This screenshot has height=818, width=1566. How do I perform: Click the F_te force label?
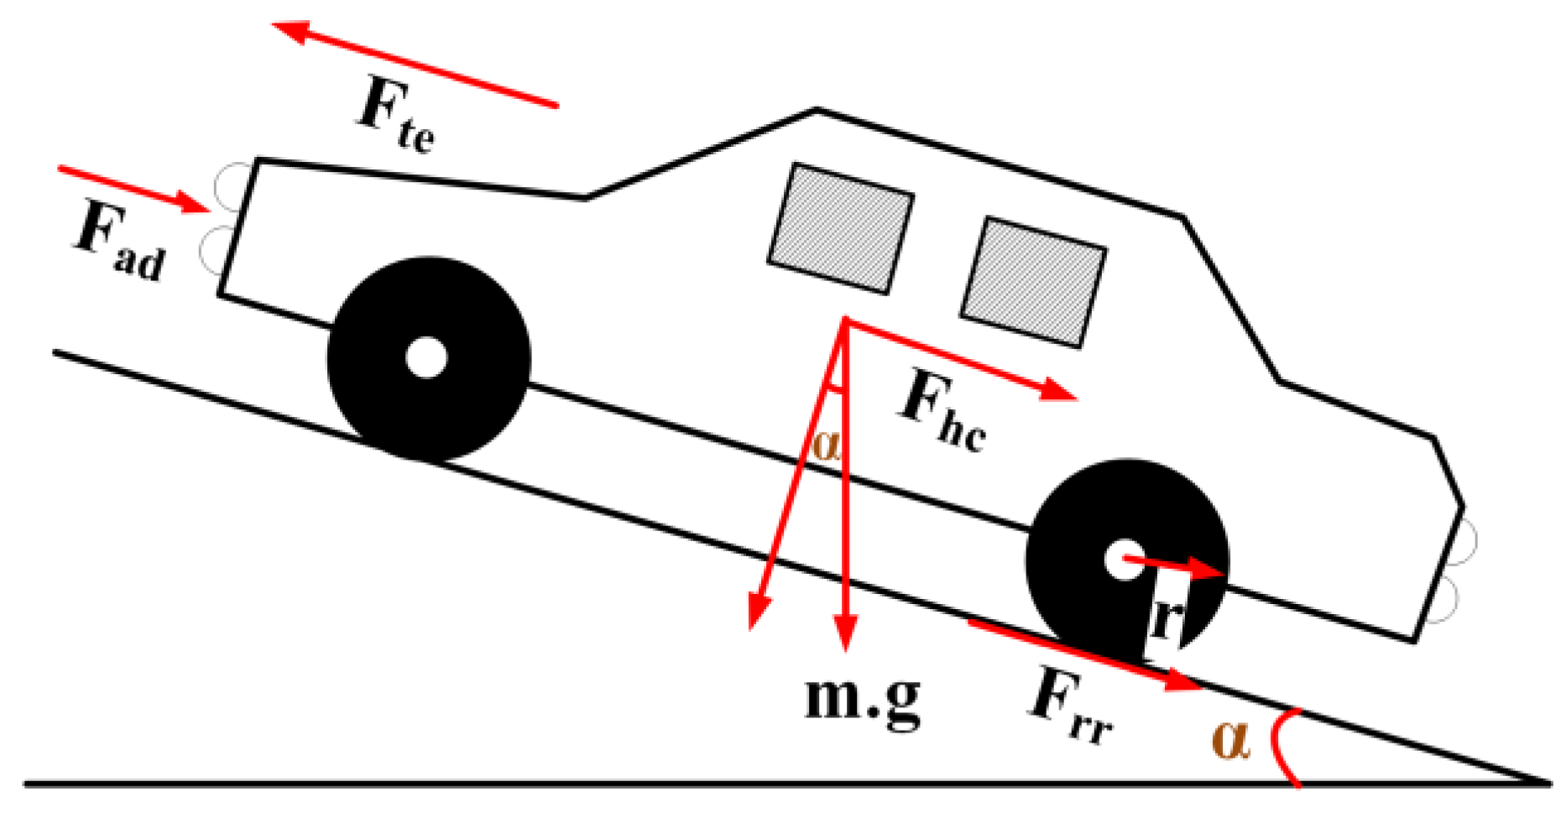pyautogui.click(x=394, y=115)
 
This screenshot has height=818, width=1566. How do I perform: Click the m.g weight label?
pyautogui.click(x=862, y=698)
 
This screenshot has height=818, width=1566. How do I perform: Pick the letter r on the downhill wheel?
pyautogui.click(x=1167, y=618)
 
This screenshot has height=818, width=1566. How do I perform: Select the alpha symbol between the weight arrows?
pyautogui.click(x=826, y=445)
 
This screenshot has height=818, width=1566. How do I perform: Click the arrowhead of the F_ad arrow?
pyautogui.click(x=196, y=202)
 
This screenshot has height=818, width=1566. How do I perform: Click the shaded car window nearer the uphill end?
pyautogui.click(x=841, y=228)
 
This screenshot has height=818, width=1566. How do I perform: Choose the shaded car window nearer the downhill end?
pyautogui.click(x=1033, y=281)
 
